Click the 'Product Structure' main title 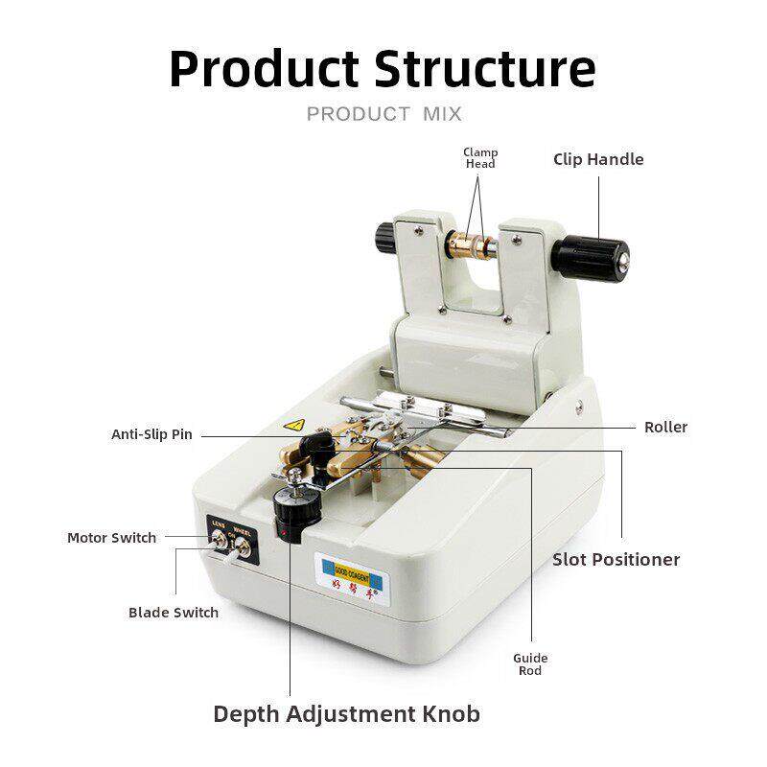click(x=383, y=69)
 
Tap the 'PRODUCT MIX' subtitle click(x=383, y=115)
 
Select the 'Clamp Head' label click(x=480, y=158)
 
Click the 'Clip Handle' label click(x=598, y=159)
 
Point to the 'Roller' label click(x=665, y=427)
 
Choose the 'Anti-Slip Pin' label click(x=151, y=434)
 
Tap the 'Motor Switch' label click(x=111, y=538)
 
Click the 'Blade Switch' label click(x=174, y=613)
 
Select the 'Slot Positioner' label click(x=616, y=559)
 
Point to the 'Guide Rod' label click(x=530, y=664)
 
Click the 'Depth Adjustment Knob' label click(x=346, y=714)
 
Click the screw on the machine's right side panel click(x=580, y=407)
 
